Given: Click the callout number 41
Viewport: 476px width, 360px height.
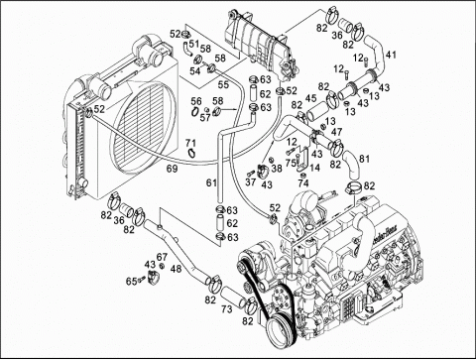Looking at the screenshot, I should (393, 54).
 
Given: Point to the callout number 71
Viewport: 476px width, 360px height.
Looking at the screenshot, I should (190, 144).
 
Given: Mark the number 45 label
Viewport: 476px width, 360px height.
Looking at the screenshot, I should (311, 98).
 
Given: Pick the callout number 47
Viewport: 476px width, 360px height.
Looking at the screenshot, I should (337, 131).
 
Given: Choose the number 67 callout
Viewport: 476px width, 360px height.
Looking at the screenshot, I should (162, 257).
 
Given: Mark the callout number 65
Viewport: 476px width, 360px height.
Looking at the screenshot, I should (129, 282).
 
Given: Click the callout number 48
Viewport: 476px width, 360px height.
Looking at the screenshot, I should (175, 268).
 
